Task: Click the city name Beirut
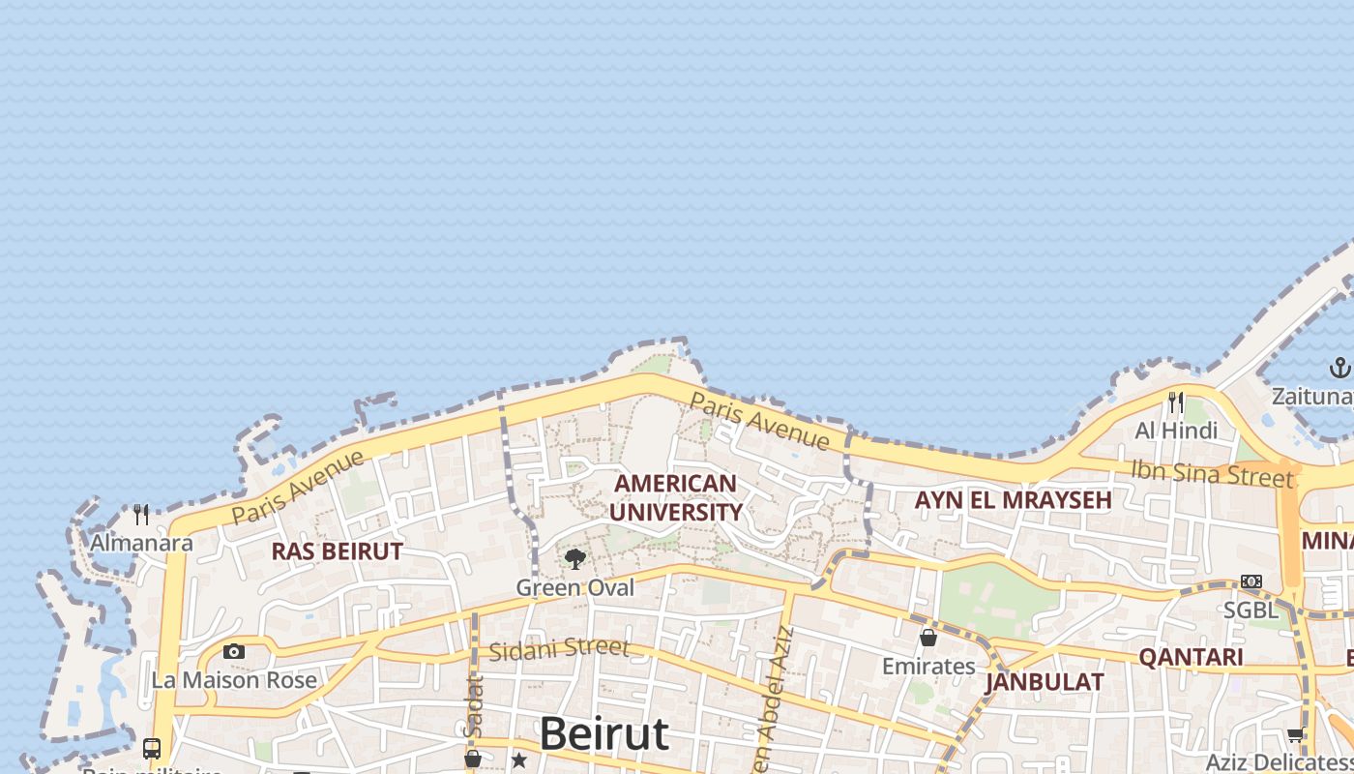pos(603,734)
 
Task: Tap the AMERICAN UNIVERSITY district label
pos(675,497)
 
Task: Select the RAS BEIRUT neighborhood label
pos(337,551)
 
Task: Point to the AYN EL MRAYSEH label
pos(1013,500)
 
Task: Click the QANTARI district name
pos(1191,657)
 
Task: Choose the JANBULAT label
pos(1045,682)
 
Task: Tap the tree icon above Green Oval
pos(575,558)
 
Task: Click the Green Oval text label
pos(575,587)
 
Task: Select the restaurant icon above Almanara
pos(142,514)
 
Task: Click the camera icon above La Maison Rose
pos(234,651)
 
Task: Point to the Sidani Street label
pos(559,649)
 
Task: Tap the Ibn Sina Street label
pos(1212,473)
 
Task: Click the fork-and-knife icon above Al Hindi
pos(1176,402)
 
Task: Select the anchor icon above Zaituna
pos(1339,368)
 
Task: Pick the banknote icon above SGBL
pos(1251,581)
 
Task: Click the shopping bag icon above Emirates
pos(928,638)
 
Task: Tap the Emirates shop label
pos(928,667)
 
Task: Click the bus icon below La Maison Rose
pos(152,748)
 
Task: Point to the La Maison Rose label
pos(234,680)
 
